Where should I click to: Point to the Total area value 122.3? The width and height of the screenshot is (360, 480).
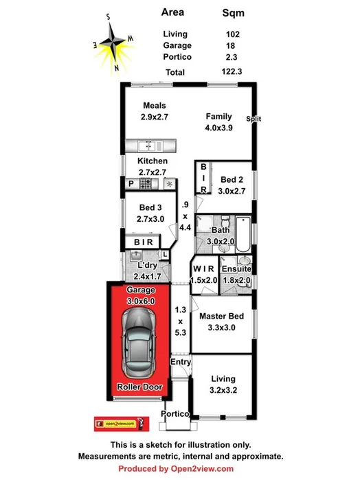coord(238,71)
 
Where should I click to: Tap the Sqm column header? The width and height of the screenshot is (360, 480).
coord(234,12)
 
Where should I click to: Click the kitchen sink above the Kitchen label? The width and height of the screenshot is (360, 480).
coord(148,145)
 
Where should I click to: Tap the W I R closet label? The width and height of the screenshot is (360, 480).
coord(204,268)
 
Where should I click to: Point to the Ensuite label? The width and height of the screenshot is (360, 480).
coord(236,268)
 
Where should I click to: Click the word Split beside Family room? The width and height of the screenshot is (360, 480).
coord(254,119)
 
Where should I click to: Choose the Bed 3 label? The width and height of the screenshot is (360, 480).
coord(150,207)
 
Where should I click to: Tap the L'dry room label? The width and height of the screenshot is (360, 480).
coord(149,266)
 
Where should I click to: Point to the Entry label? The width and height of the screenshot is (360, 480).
coord(181,362)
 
